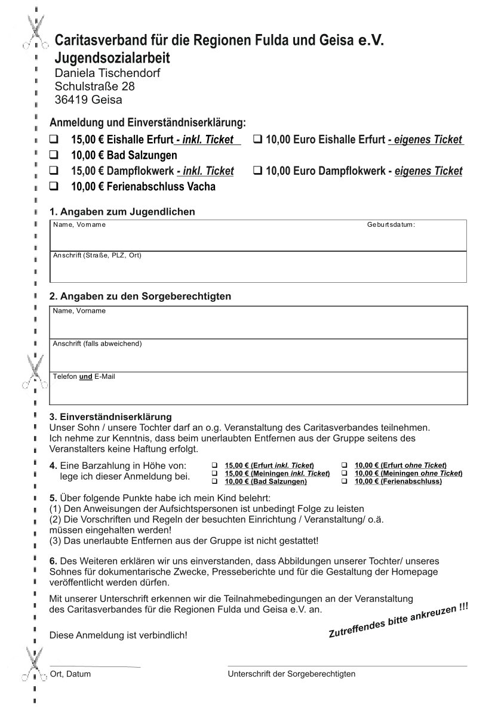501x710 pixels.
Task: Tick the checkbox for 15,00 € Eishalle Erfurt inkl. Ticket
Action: [x=54, y=140]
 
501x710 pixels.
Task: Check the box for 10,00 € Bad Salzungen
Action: [x=54, y=156]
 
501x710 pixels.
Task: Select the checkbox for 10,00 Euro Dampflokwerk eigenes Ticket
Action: [x=258, y=171]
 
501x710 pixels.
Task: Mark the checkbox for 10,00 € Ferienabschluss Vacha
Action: [x=54, y=187]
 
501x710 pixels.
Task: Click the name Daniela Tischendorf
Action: [x=107, y=73]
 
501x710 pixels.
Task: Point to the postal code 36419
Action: [x=71, y=100]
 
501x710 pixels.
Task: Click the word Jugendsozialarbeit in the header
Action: [x=112, y=58]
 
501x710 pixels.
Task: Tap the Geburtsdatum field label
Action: [x=391, y=225]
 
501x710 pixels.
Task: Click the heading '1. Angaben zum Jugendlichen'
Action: [x=122, y=212]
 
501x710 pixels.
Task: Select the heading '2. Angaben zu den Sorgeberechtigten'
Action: [x=140, y=296]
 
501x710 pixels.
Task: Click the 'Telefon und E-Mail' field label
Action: [x=84, y=377]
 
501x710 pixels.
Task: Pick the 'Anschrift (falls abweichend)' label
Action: [x=97, y=344]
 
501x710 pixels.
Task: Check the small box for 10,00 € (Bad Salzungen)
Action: [x=215, y=481]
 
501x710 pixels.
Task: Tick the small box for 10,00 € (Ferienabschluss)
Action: [x=345, y=481]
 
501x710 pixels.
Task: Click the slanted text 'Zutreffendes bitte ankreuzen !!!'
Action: [x=398, y=621]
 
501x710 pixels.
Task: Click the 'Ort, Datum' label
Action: [x=70, y=674]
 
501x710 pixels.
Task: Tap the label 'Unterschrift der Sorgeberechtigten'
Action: [x=291, y=674]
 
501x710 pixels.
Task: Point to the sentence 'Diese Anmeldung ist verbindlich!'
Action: [x=118, y=635]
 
